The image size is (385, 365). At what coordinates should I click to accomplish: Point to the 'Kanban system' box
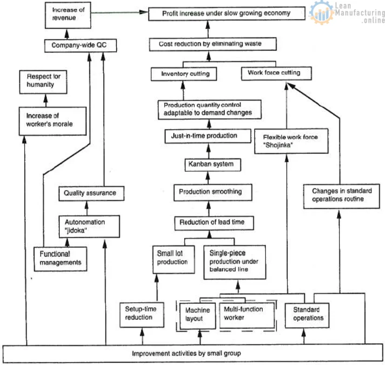coord(208,164)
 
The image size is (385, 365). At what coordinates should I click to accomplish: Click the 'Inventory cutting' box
coord(185,74)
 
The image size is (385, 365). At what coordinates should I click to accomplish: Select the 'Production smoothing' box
coord(210,191)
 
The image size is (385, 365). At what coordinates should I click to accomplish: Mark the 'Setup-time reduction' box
coord(139,313)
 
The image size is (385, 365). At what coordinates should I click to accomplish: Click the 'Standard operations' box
coord(306,314)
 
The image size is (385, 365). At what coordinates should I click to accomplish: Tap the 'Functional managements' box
coord(60,258)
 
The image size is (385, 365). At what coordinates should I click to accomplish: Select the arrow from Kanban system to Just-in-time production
coord(208,150)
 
